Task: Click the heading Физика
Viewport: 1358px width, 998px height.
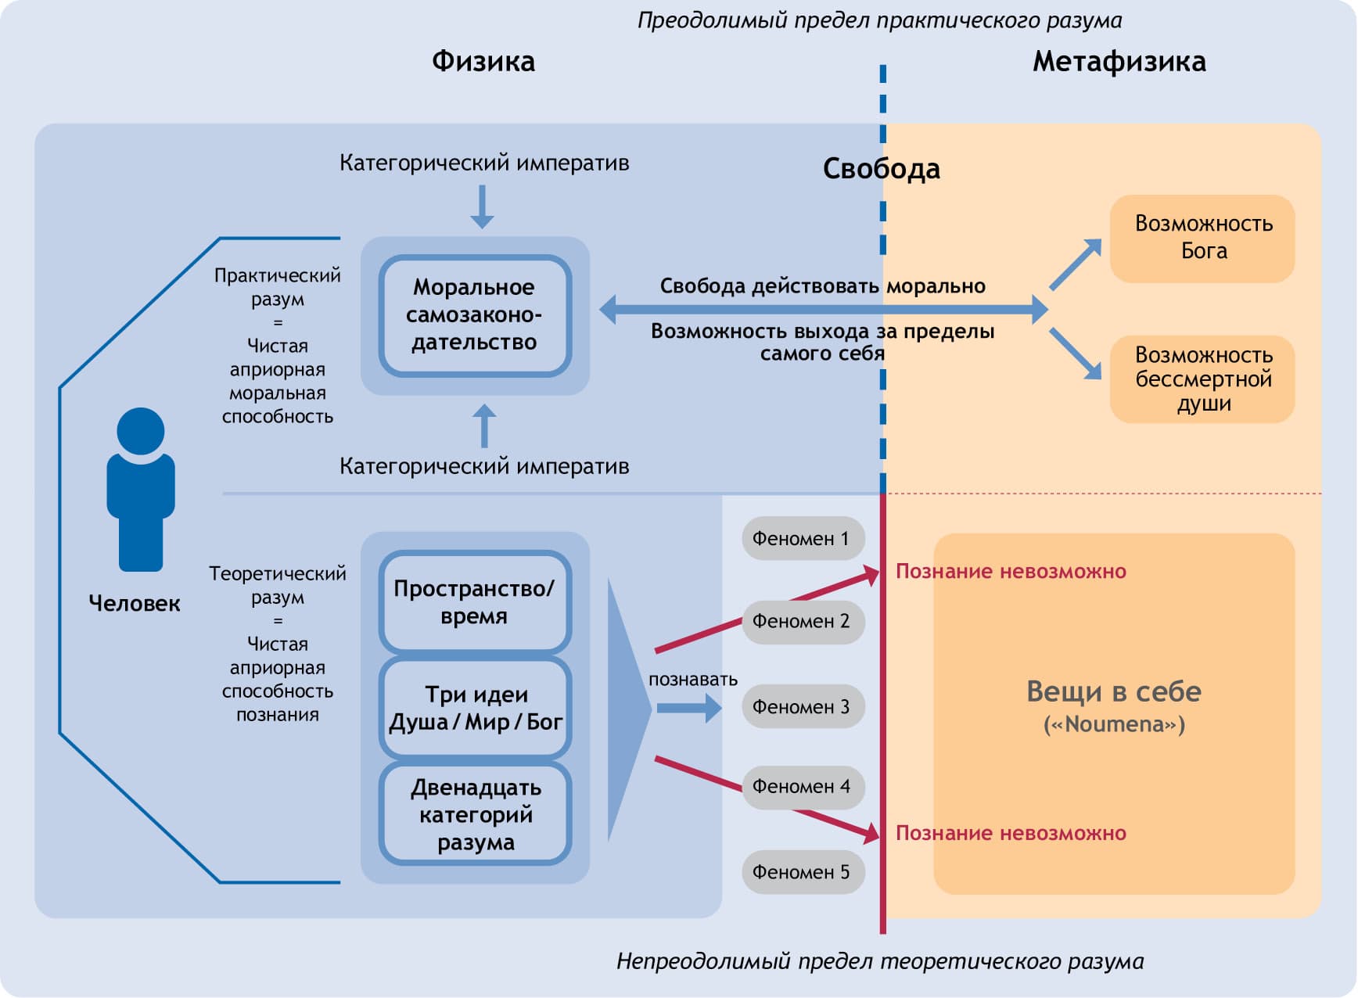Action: [x=483, y=61]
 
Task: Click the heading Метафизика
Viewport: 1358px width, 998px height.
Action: [x=1119, y=61]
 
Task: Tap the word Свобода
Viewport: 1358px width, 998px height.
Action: [x=881, y=169]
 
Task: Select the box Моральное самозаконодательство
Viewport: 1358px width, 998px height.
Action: [x=475, y=315]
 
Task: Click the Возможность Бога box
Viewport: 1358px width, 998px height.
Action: [x=1202, y=238]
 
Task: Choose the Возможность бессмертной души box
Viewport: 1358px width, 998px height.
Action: [x=1202, y=379]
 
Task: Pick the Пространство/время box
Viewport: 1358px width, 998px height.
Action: [x=475, y=602]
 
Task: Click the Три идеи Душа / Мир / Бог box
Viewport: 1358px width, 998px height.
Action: [x=475, y=708]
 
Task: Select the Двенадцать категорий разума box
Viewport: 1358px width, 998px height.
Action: [x=475, y=814]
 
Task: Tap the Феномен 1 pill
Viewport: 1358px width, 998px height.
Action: [x=802, y=538]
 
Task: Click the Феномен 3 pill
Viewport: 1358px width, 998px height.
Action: [x=802, y=707]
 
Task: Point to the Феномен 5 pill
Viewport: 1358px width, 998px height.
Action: [x=802, y=872]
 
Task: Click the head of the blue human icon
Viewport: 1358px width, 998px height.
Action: [x=141, y=431]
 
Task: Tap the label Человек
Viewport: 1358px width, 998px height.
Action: [x=135, y=603]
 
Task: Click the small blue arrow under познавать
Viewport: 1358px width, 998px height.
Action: [x=688, y=708]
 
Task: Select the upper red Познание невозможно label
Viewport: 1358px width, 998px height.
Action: [x=1011, y=572]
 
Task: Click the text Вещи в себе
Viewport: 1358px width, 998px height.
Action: [x=1114, y=691]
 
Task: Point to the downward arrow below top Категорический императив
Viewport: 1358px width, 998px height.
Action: [x=482, y=206]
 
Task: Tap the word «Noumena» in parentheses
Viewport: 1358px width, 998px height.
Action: [x=1114, y=725]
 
